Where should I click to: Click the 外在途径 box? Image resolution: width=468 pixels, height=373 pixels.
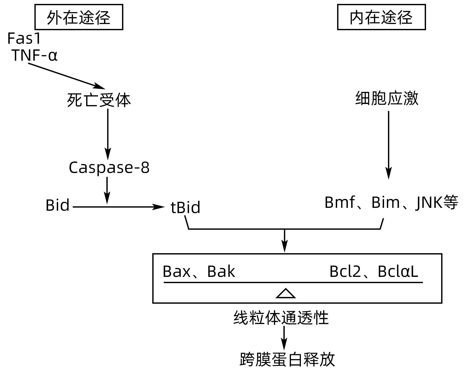79,17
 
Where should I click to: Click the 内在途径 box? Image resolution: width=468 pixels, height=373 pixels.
381,17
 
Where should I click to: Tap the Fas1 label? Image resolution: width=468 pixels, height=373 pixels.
24,39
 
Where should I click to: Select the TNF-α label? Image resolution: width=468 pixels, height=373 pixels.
34,55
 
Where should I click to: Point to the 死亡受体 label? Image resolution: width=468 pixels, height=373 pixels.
99,100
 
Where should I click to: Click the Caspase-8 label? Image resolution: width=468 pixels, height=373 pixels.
109,167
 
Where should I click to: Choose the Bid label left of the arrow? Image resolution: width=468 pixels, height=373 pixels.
57,205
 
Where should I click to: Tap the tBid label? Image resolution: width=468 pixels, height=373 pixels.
185,208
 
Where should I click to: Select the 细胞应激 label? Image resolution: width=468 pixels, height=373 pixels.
387,98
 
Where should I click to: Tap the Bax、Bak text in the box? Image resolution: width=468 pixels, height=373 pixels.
199,271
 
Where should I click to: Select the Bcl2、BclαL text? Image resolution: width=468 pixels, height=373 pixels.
374,271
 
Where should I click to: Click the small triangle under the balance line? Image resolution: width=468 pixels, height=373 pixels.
285,294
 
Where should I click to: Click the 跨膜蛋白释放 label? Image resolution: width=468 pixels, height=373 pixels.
287,360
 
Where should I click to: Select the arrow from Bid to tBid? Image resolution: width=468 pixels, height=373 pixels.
119,207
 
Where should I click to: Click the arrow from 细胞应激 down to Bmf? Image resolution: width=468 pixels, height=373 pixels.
388,145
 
